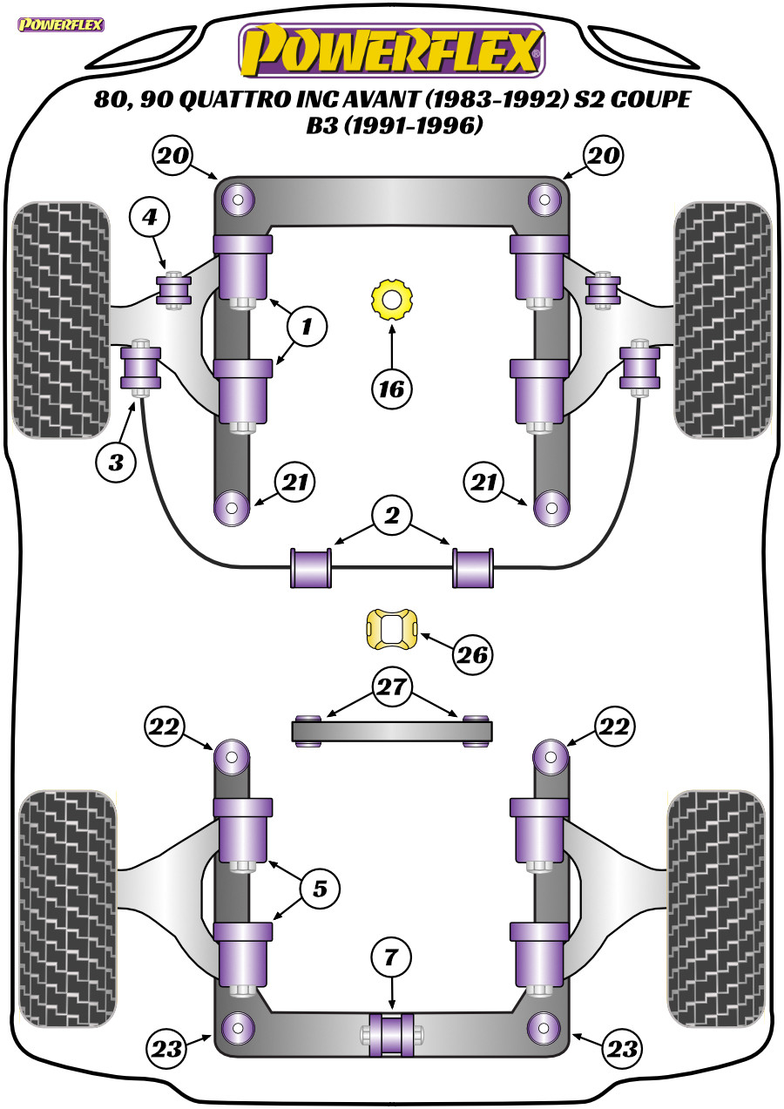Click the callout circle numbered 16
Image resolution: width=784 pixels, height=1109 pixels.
[392, 388]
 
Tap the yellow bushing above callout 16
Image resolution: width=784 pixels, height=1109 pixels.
[391, 300]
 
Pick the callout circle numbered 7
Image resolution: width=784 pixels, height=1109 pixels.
[391, 957]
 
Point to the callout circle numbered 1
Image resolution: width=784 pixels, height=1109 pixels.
[306, 328]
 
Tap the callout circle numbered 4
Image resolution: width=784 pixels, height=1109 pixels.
[150, 217]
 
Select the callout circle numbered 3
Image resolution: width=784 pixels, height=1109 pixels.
[116, 462]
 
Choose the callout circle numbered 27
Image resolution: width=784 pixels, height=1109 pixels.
[391, 687]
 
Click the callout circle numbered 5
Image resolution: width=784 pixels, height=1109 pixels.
[320, 889]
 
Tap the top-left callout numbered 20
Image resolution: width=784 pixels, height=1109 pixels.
[171, 156]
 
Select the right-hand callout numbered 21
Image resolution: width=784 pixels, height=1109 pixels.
[485, 483]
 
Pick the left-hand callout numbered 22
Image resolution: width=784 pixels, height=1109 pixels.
[166, 726]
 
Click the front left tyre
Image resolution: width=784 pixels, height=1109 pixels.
[61, 320]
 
